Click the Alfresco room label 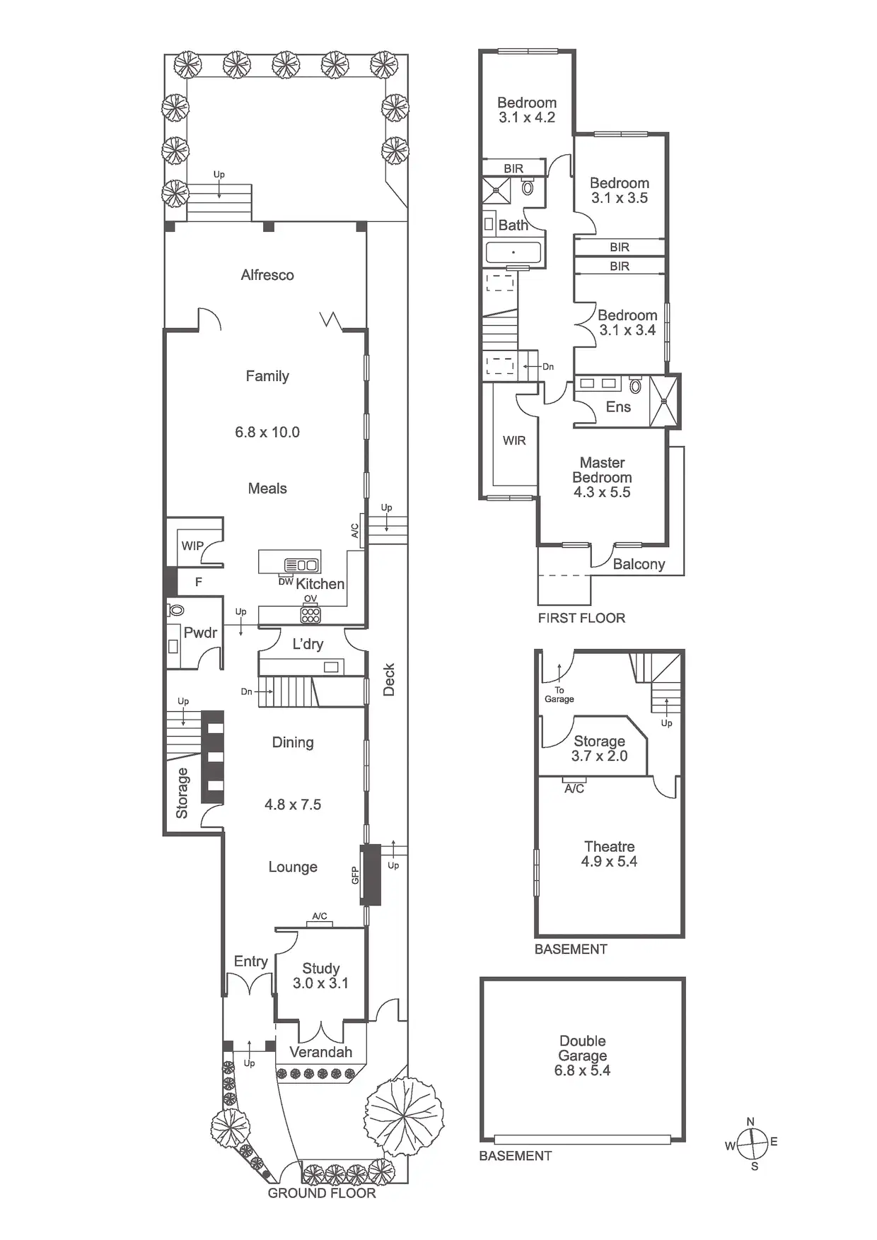[x=267, y=275]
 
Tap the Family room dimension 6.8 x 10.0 [x=267, y=432]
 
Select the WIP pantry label [x=192, y=546]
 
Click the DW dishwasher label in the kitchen [x=285, y=581]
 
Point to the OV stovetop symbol [x=310, y=614]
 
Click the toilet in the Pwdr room [x=176, y=609]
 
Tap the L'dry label [x=308, y=644]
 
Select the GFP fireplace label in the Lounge [x=356, y=875]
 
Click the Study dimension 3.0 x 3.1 [x=320, y=983]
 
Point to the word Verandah [x=320, y=1052]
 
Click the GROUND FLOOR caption [x=322, y=1193]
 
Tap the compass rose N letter [x=750, y=1121]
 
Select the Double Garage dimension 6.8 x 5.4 [x=582, y=1070]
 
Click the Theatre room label [x=609, y=846]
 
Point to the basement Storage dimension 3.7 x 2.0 [x=599, y=756]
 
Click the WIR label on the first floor [x=514, y=440]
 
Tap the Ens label [x=618, y=406]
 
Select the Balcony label [x=639, y=564]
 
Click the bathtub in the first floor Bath [x=513, y=252]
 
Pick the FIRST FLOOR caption [x=581, y=618]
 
